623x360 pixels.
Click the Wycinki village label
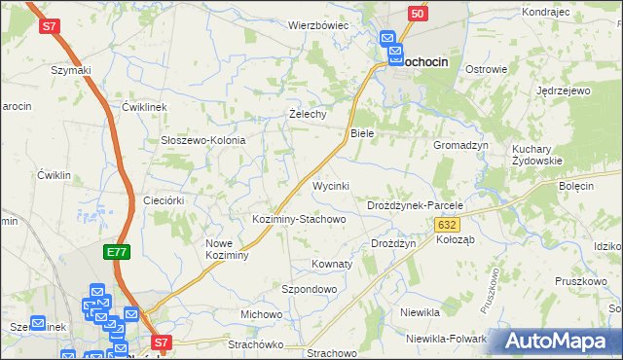(x=330, y=185)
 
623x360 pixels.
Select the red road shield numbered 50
(x=417, y=13)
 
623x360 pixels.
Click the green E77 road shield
(x=117, y=252)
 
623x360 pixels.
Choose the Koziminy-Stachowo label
(x=299, y=219)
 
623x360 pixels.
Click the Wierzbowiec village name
(x=317, y=25)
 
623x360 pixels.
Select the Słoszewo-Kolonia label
(x=202, y=140)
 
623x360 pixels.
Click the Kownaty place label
(x=330, y=264)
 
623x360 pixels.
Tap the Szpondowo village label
(x=309, y=290)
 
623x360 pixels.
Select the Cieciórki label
(x=164, y=199)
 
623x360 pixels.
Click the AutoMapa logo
(x=558, y=342)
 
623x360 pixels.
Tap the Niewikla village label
(x=421, y=312)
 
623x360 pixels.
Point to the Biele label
(x=362, y=132)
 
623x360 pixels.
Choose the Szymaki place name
(x=71, y=70)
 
